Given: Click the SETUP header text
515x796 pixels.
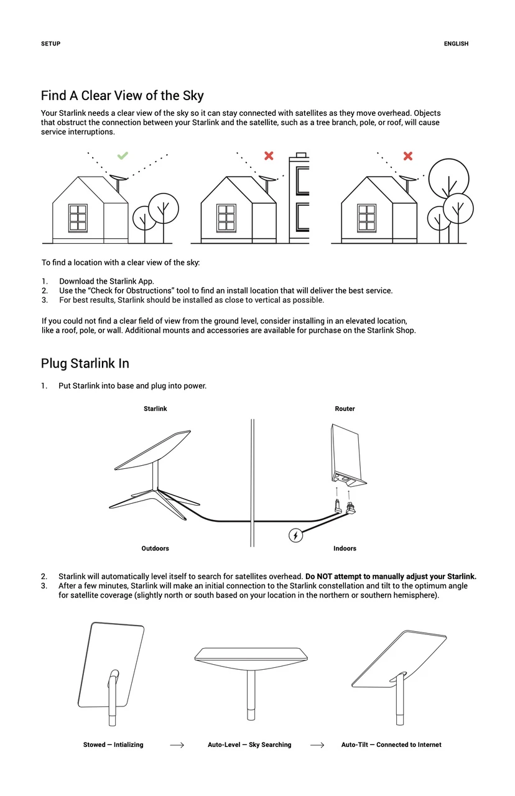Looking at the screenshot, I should pos(50,44).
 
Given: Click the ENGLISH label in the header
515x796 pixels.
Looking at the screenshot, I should pos(456,44).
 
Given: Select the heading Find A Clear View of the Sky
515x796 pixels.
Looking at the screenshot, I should pos(122,96).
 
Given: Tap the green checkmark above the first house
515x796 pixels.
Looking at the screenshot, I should pos(123,155).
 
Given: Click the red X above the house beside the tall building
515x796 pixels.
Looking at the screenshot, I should pos(269,155).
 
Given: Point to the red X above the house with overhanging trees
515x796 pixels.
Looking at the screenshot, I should pos(408,155).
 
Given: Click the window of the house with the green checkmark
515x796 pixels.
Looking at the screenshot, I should pos(78,218).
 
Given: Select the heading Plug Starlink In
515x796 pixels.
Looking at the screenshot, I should pos(85,363).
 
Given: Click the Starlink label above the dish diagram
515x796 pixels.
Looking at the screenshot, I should pos(155,409).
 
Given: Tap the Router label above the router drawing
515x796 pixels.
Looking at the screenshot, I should pos(345,409).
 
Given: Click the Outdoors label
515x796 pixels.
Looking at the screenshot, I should pos(155,548).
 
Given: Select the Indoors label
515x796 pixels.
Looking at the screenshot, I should pos(345,548).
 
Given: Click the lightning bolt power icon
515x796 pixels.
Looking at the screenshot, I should pos(296,535).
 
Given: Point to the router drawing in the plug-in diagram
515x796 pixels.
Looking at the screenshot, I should pos(345,454).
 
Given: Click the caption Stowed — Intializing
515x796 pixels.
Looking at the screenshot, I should pos(113,745).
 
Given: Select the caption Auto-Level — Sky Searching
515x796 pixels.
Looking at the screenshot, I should pos(249,745).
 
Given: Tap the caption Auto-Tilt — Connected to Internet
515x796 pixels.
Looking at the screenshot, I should pos(391,745).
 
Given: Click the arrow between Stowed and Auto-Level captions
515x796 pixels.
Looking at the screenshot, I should pos(177,745).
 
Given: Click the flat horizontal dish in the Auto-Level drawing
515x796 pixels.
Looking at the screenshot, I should pos(251,654).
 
